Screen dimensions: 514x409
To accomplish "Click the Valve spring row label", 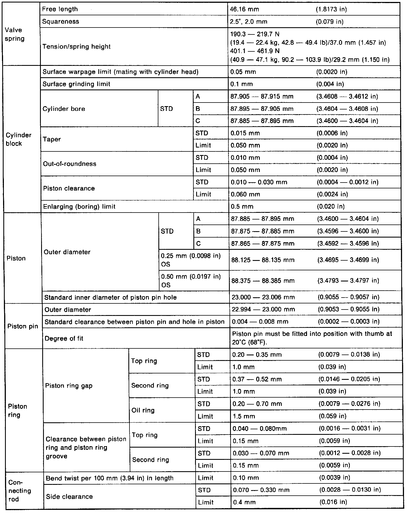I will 14,34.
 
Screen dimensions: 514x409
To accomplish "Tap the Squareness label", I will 61,22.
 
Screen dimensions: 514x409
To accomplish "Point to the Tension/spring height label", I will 76,46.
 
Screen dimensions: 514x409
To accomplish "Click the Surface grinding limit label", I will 76,84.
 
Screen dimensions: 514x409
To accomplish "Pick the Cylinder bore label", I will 64,109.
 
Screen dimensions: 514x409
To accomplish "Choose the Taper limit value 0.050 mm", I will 245,145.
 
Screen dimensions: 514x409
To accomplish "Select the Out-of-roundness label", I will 70,164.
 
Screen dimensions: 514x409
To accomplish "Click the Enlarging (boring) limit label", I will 79,206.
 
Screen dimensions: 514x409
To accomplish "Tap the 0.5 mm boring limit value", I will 242,206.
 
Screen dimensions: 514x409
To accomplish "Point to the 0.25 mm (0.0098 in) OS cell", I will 191,260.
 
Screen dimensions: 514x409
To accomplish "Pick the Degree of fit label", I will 64,338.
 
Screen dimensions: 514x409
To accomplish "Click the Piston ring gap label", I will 69,386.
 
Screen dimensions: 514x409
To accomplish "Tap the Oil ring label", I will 143,410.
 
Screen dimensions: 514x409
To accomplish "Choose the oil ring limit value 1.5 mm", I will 244,416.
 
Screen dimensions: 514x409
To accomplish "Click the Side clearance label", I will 69,496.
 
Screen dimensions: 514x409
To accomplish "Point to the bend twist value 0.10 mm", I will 246,478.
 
